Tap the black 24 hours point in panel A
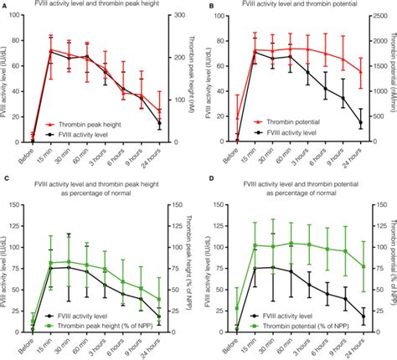tap(159, 123)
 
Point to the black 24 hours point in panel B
tap(361, 123)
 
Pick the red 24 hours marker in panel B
tap(361, 72)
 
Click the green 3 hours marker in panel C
tap(105, 269)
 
